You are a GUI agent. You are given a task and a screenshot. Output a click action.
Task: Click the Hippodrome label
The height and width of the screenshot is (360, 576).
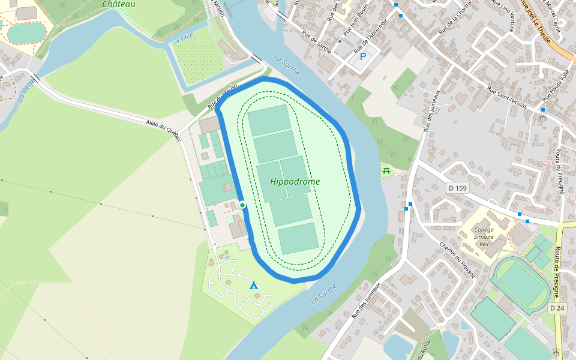(x=295, y=182)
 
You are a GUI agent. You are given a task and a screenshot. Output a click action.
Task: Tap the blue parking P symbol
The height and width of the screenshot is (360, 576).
(x=362, y=57)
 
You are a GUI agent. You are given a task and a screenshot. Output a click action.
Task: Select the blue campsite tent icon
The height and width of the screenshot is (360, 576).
(x=254, y=285)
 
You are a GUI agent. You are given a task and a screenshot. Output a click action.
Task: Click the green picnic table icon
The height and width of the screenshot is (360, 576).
(x=386, y=172)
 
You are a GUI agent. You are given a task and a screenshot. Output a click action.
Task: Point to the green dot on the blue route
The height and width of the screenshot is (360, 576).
(x=242, y=205)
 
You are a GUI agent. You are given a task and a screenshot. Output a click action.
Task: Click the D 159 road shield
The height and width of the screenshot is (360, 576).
(x=458, y=188)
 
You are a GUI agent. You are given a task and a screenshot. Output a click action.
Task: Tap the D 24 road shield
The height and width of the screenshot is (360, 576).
(x=557, y=308)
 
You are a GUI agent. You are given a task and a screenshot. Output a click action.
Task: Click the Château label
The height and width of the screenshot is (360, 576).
(x=119, y=4)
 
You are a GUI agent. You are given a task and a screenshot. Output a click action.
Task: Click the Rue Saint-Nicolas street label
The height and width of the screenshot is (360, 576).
(x=507, y=98)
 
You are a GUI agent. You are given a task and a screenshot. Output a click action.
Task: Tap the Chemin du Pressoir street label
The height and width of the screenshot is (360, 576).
(x=457, y=260)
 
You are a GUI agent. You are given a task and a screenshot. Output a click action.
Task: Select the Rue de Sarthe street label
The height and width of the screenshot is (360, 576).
(x=317, y=42)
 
